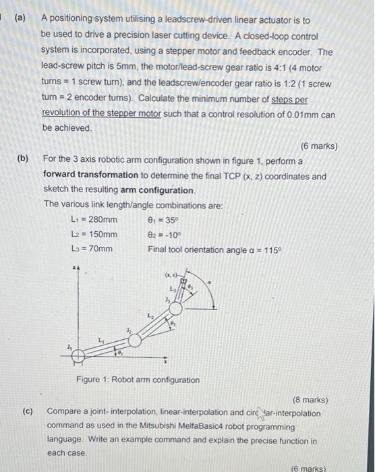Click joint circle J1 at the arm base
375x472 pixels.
tap(78, 355)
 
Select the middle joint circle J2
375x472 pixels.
tap(136, 341)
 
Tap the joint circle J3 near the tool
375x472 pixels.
tap(176, 308)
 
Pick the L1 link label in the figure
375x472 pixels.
tap(101, 340)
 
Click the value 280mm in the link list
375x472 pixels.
tap(101, 219)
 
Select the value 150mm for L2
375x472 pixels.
tap(101, 234)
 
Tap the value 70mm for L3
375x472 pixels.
tap(98, 249)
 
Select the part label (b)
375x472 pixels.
tap(24, 159)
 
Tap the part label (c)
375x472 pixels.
tap(24, 411)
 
